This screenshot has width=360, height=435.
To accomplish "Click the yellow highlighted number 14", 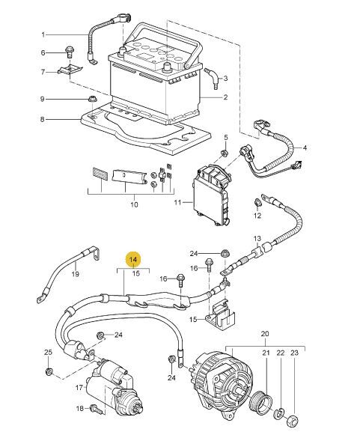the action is (133, 260).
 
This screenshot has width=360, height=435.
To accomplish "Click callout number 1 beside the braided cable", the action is (43, 34).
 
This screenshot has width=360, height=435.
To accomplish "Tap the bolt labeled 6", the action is (69, 52).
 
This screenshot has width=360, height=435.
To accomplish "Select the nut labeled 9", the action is (91, 99).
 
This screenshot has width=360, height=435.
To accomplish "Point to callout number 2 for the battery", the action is (225, 97).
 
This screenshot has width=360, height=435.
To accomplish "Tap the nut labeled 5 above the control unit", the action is (224, 153).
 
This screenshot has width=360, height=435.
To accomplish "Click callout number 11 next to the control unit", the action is (177, 202).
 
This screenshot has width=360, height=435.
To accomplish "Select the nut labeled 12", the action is (257, 202).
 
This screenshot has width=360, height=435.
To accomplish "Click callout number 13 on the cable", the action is (257, 238).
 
